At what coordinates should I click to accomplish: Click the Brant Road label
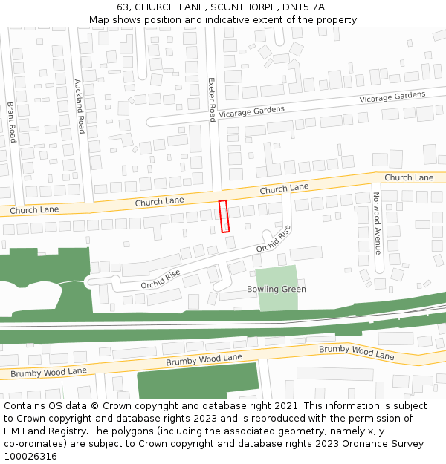click(x=12, y=122)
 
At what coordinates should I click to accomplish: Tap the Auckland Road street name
click(x=80, y=106)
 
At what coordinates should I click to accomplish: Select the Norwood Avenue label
click(x=377, y=223)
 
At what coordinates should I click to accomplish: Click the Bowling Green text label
click(x=276, y=289)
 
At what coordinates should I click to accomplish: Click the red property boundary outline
click(x=224, y=216)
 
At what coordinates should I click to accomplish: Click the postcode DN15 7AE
click(x=306, y=7)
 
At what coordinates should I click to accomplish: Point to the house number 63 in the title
click(x=123, y=7)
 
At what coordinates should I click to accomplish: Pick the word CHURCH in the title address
click(x=155, y=7)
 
